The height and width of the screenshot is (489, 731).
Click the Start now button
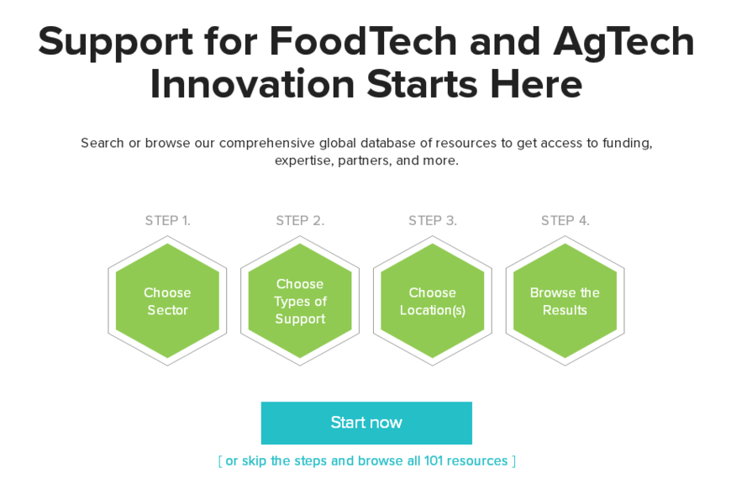[x=366, y=423]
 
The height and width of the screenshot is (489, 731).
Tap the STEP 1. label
[x=168, y=220]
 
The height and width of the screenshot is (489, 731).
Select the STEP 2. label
[x=300, y=220]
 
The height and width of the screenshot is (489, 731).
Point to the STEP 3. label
[x=433, y=220]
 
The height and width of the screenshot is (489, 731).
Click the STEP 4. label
[x=565, y=220]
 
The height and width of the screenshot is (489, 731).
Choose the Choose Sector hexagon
[x=167, y=301]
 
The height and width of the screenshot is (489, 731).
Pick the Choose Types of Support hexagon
[x=300, y=301]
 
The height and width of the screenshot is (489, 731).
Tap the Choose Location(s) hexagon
[x=433, y=301]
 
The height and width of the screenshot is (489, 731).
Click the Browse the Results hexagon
[x=565, y=301]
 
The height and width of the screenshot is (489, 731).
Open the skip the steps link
[x=367, y=461]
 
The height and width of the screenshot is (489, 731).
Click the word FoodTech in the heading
[x=363, y=41]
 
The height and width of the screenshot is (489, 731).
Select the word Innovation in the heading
[x=252, y=84]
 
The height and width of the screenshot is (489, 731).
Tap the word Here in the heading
[x=536, y=84]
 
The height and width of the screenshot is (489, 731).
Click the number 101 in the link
[x=433, y=461]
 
